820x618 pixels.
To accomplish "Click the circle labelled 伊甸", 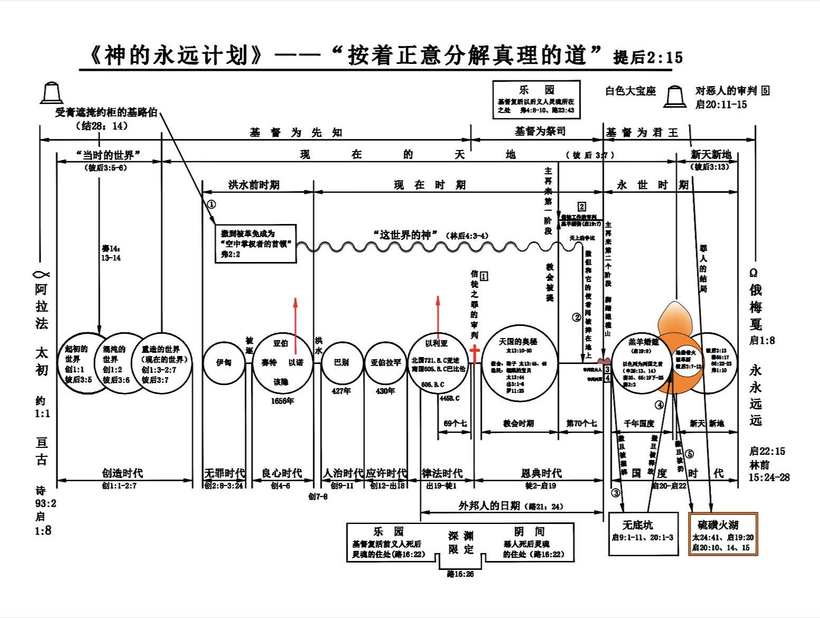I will click(224, 362).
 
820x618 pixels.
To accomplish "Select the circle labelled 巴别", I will click(341, 362).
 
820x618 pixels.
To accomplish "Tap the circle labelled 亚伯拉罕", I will click(385, 362).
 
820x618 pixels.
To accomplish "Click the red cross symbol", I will click(474, 354).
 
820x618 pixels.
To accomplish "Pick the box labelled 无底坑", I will click(643, 533).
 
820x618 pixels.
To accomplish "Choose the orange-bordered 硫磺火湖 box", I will click(723, 533).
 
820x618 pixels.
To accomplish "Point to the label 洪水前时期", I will click(254, 185).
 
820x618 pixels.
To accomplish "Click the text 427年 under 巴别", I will click(341, 391).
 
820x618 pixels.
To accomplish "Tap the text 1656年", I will click(282, 401).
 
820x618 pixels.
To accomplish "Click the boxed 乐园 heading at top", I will click(536, 90).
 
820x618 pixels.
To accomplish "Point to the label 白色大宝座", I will click(630, 91).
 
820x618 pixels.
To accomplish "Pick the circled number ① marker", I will click(211, 204).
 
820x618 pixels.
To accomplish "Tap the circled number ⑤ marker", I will click(689, 454).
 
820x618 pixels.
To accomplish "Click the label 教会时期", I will click(518, 424).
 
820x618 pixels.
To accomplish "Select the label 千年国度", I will click(639, 424).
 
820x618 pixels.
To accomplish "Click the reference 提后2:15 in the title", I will click(648, 58).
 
